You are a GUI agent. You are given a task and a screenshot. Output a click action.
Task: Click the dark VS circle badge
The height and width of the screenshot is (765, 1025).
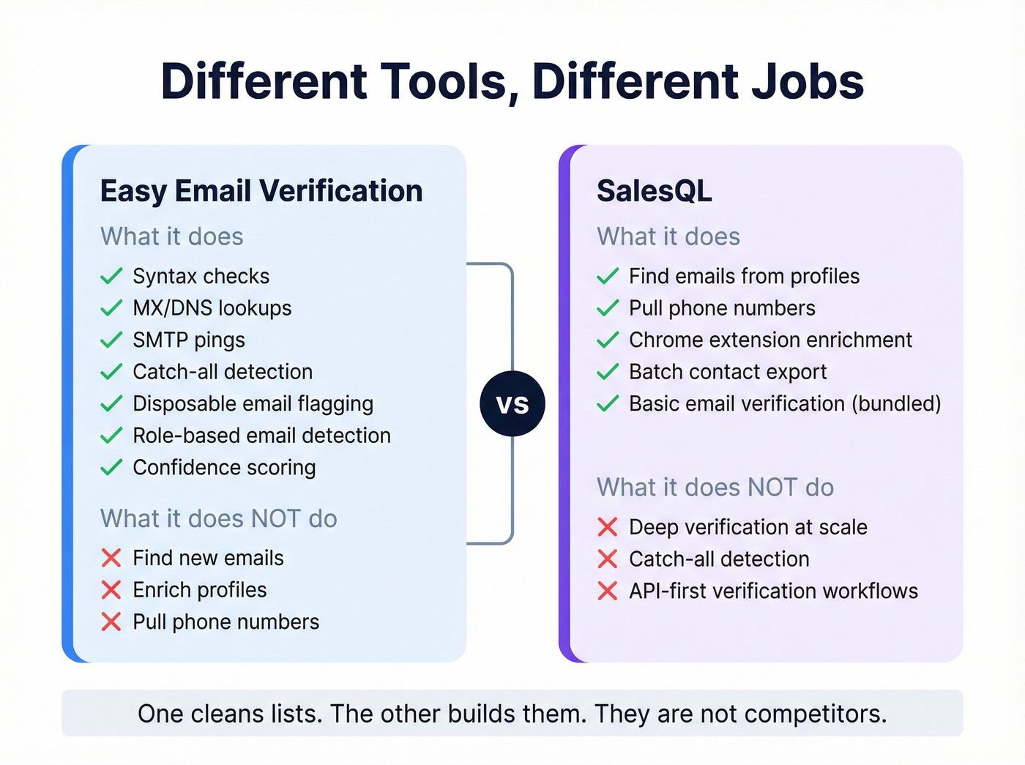pos(512,403)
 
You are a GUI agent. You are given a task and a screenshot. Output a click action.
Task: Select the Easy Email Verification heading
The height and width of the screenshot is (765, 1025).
pos(261,191)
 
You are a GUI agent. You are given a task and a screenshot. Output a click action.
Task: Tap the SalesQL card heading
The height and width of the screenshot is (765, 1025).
pos(654,191)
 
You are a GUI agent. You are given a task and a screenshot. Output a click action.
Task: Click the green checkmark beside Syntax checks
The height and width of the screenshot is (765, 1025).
pos(111,276)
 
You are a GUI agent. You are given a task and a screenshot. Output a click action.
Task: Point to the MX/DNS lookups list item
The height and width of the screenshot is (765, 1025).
pos(212,308)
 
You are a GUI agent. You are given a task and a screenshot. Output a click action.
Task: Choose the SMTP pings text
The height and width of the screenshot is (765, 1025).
pos(189,340)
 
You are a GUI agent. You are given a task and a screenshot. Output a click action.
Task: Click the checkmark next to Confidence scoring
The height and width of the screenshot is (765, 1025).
pos(111,467)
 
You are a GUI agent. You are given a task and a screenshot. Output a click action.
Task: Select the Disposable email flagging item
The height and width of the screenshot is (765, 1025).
pos(253,404)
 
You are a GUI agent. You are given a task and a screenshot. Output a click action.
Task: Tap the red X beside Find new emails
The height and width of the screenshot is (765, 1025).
pos(111,558)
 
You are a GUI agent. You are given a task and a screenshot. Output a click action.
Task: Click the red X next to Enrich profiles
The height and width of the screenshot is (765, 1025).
pos(111,590)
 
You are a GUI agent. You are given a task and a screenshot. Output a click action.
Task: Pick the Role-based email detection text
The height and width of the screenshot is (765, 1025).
pos(261,436)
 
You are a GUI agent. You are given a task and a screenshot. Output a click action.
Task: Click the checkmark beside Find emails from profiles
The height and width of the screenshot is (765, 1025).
pos(608,276)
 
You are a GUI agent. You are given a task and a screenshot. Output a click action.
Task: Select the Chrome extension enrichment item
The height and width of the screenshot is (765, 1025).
pos(770,340)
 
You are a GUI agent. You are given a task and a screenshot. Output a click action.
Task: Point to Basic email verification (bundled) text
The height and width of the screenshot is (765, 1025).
pos(785,404)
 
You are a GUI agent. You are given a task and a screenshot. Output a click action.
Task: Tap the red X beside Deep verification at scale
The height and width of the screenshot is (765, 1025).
pos(608,527)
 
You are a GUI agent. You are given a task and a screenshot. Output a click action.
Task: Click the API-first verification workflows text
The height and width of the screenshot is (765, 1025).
pos(773,592)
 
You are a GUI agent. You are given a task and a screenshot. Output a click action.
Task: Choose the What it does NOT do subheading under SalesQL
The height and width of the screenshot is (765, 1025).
pos(715,488)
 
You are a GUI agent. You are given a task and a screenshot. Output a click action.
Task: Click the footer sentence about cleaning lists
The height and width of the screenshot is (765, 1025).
pos(512,714)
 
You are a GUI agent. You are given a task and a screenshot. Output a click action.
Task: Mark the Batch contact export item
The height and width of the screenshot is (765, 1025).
pos(728,372)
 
